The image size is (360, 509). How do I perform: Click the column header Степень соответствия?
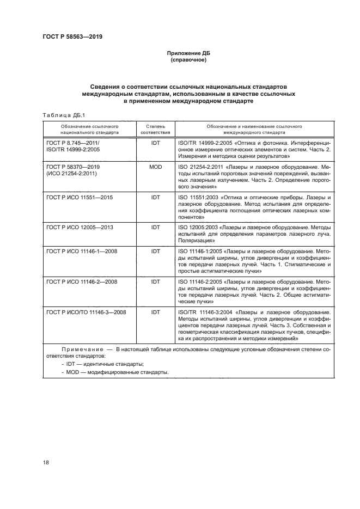156,128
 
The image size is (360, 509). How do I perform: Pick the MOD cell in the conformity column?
156,167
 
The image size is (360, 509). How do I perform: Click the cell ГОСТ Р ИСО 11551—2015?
80,197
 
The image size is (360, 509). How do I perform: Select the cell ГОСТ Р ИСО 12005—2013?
80,227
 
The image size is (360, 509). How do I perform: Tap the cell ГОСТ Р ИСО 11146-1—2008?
82,252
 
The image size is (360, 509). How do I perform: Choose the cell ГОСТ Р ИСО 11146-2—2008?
82,282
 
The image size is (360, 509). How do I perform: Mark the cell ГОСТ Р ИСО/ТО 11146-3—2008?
86,312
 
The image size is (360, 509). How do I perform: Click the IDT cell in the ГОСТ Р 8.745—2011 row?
156,142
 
